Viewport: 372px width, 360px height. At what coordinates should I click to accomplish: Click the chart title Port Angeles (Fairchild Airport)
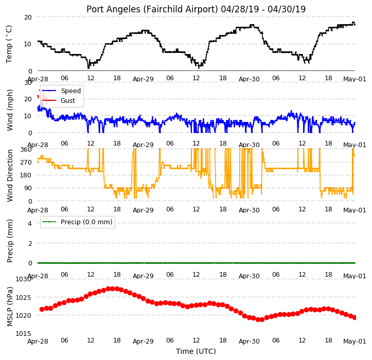click(x=152, y=9)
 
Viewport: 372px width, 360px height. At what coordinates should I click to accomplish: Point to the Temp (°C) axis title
click(x=9, y=44)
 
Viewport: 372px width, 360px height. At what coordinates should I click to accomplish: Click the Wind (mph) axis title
click(x=9, y=110)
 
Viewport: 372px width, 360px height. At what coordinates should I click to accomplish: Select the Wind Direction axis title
click(x=9, y=176)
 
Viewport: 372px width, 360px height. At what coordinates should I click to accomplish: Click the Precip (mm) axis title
click(x=9, y=241)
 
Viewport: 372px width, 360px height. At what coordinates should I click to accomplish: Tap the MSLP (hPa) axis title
click(x=9, y=307)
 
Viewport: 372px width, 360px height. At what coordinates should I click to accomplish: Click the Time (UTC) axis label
click(x=196, y=351)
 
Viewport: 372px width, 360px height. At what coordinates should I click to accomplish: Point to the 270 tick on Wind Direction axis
click(x=26, y=163)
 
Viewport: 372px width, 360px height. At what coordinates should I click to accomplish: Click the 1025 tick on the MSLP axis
click(x=23, y=297)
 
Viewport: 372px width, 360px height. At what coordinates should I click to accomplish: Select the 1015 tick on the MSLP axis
click(x=23, y=334)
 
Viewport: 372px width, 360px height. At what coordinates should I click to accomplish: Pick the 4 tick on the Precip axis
click(x=30, y=223)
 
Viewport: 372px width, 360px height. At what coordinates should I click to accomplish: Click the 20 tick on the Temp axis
click(x=28, y=17)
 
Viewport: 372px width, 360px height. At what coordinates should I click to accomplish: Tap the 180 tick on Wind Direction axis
click(x=26, y=175)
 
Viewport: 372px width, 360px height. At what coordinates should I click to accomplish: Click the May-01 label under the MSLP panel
click(x=355, y=341)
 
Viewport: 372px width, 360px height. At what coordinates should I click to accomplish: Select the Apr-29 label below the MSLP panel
click(x=143, y=341)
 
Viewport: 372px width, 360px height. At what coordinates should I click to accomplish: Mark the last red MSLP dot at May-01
click(x=355, y=317)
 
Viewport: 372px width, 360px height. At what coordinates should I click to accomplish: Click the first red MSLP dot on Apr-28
click(x=42, y=309)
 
